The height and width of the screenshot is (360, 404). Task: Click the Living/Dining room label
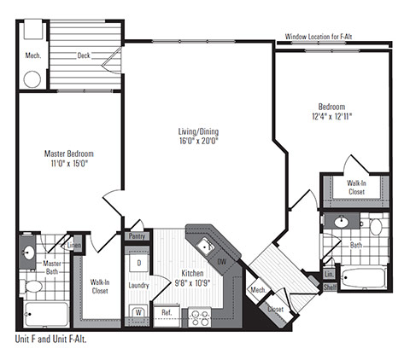(x=198, y=131)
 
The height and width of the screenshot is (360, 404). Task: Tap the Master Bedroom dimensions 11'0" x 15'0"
(x=69, y=164)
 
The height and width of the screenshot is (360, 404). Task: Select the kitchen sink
(x=206, y=247)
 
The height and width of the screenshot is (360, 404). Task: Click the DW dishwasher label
(x=222, y=261)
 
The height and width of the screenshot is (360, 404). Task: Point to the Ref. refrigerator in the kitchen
(x=167, y=312)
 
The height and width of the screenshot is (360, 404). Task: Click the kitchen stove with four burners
(x=200, y=317)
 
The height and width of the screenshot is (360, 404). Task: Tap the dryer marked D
(x=139, y=263)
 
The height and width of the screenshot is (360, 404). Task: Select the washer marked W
(x=138, y=312)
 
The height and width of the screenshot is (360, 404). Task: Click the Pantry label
(x=137, y=236)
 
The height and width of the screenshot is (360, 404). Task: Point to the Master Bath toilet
(x=32, y=286)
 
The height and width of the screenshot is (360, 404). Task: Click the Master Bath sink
(x=29, y=252)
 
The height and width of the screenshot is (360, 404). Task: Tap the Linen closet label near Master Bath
(x=74, y=245)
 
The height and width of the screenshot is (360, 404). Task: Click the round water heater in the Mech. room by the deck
(x=32, y=79)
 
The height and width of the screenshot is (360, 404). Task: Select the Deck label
(x=84, y=55)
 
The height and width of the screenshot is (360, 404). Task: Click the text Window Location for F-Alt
(x=319, y=37)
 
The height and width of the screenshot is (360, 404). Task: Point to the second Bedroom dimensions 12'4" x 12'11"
(x=332, y=117)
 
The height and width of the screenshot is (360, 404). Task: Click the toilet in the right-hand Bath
(x=376, y=225)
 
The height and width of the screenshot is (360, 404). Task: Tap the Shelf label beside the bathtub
(x=330, y=287)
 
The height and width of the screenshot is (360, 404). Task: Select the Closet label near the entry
(x=275, y=309)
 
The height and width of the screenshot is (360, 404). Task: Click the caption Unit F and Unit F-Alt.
(x=51, y=340)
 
